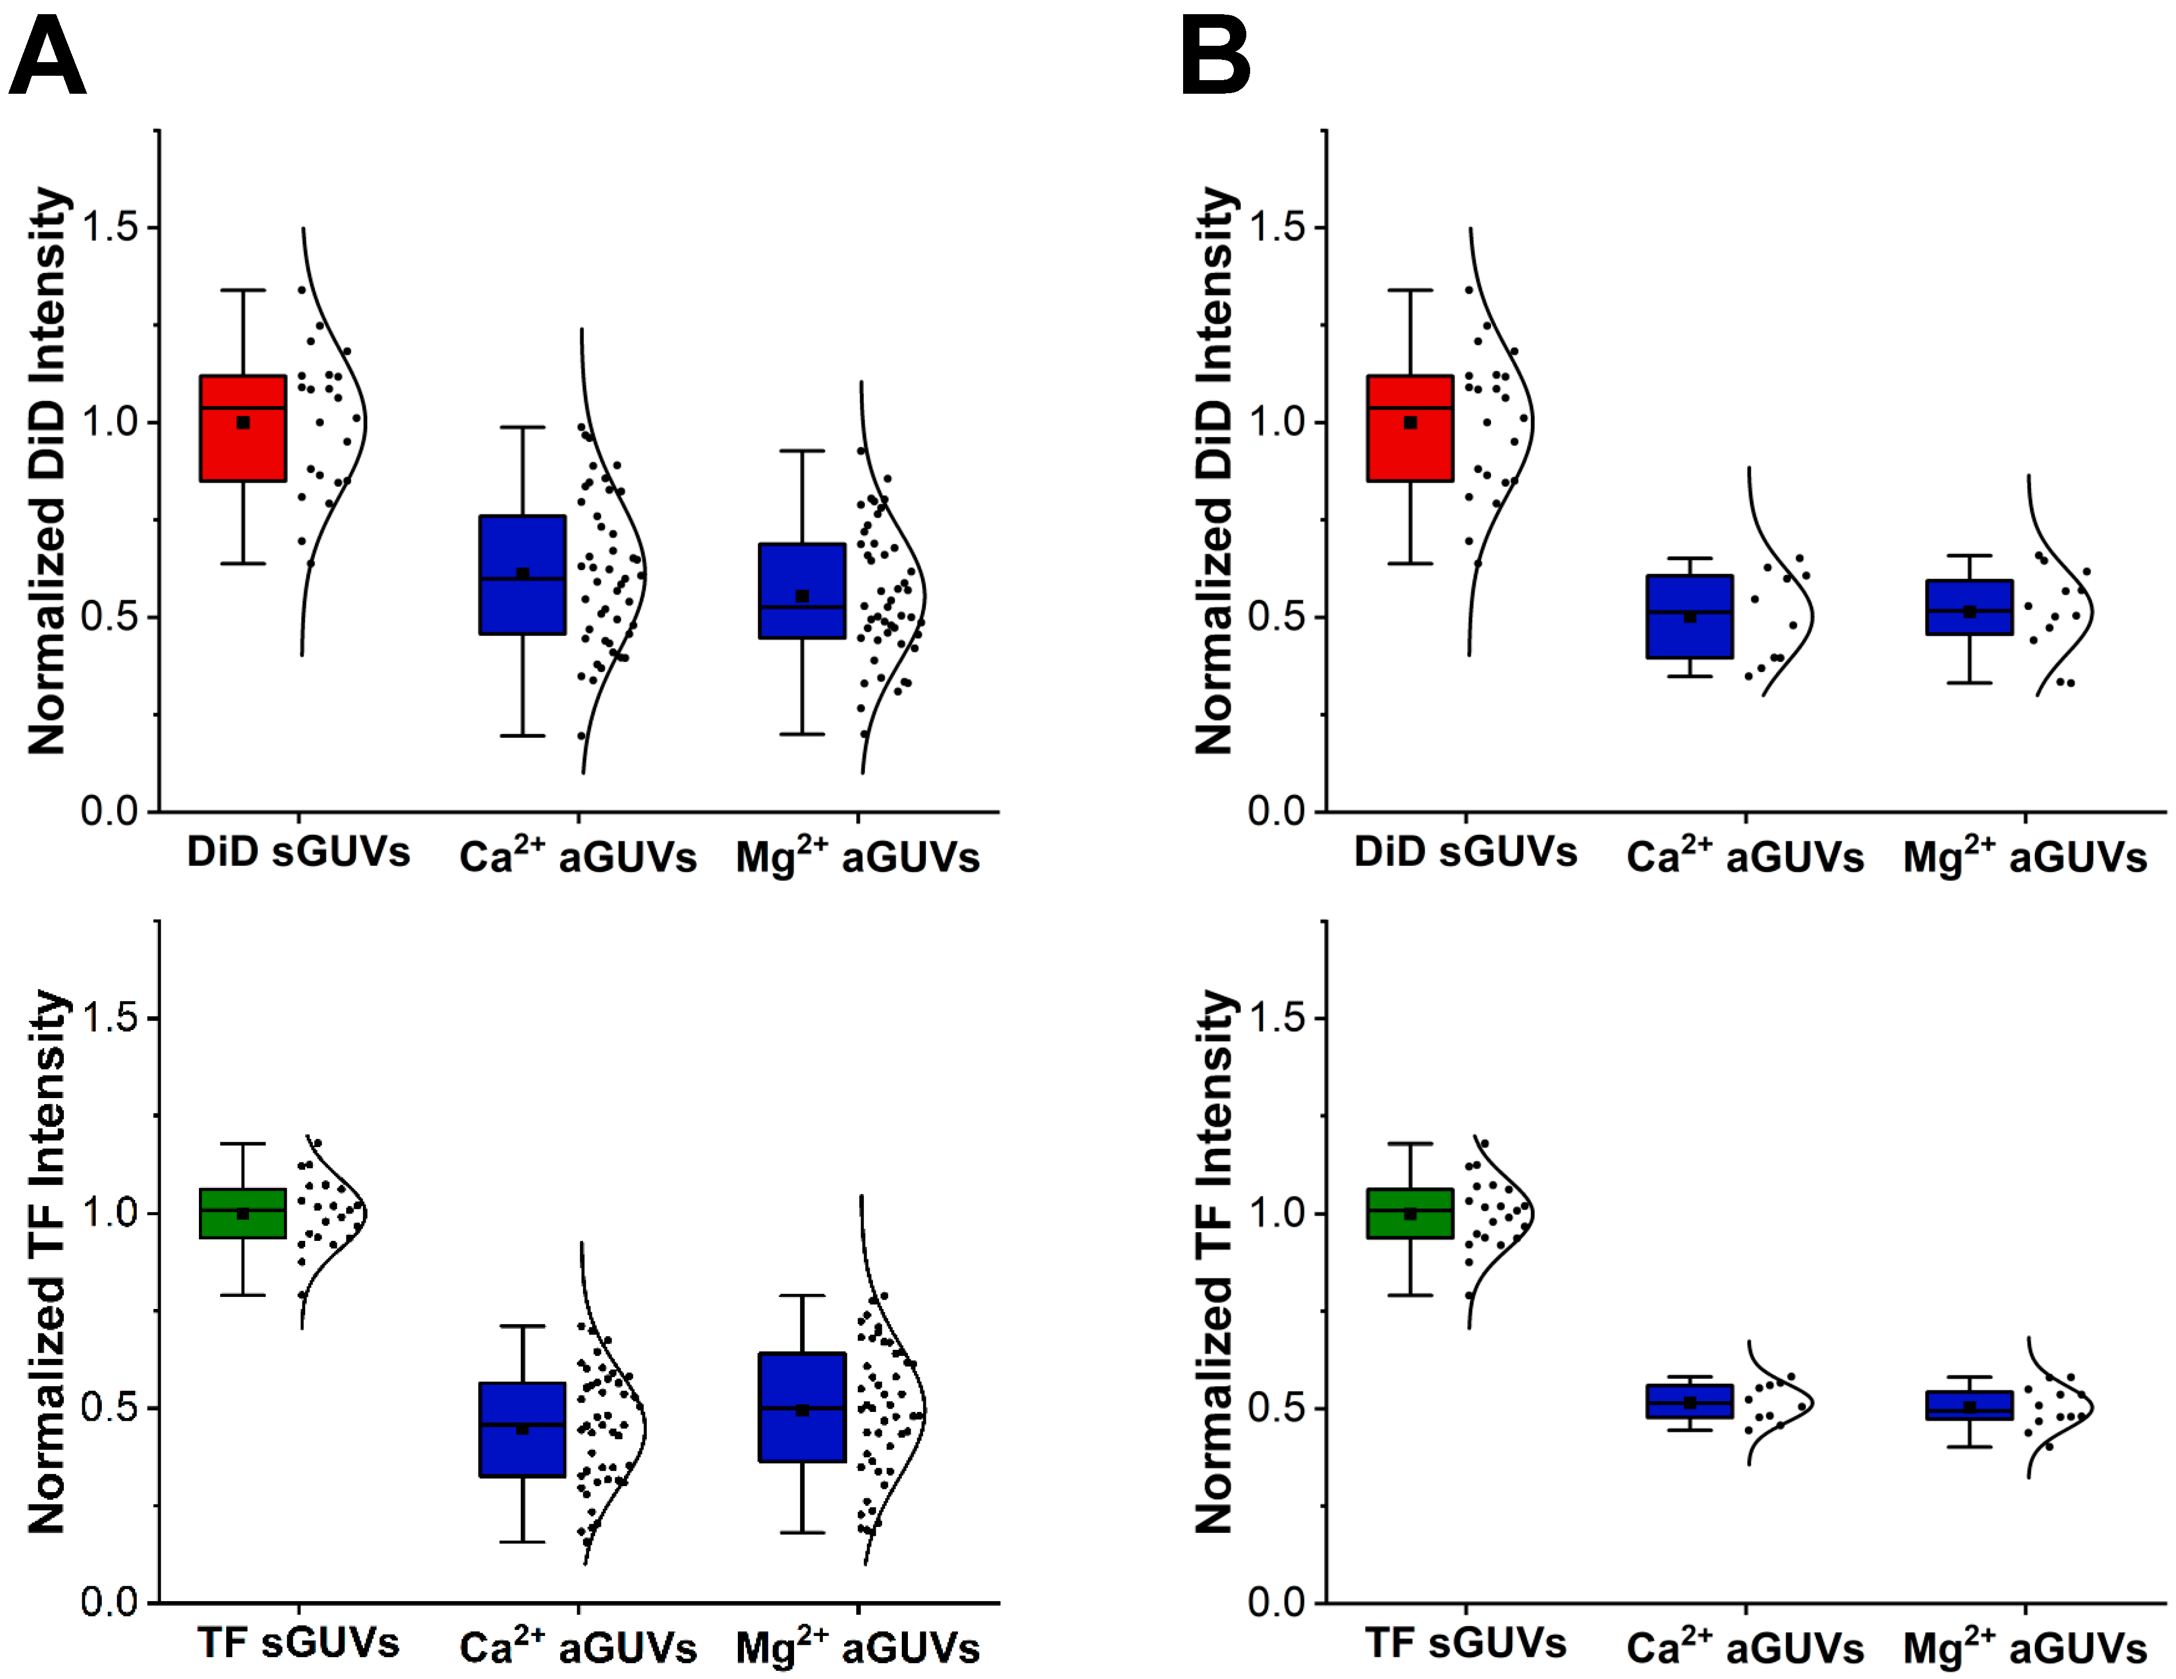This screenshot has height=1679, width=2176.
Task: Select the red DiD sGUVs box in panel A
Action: click(x=243, y=428)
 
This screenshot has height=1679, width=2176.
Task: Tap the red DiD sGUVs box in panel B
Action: click(x=1410, y=428)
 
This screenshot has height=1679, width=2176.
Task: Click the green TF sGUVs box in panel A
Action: click(x=243, y=1213)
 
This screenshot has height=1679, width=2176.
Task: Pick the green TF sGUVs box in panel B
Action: click(x=1410, y=1213)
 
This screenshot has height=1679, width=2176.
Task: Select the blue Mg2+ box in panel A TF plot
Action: click(x=802, y=1407)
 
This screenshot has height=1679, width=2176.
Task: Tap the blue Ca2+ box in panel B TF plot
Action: click(x=1690, y=1401)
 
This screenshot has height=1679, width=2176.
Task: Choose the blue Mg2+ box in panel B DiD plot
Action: click(x=1969, y=607)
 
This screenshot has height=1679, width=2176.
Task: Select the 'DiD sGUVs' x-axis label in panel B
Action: click(x=1465, y=852)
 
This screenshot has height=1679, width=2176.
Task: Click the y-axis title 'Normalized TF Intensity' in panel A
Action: click(x=47, y=1260)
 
